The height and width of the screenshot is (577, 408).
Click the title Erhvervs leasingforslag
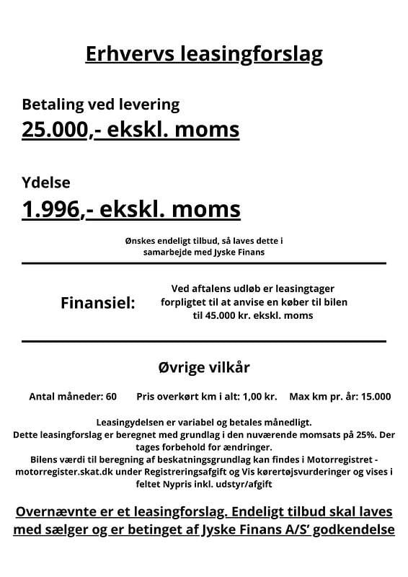[203, 54]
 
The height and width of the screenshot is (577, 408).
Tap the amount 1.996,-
[54, 209]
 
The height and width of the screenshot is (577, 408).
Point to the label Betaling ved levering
[100, 104]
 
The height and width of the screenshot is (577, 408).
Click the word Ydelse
[46, 183]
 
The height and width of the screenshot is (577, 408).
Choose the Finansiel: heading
[98, 303]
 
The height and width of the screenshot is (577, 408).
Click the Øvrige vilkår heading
[204, 367]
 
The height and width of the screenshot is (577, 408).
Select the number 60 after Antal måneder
[110, 397]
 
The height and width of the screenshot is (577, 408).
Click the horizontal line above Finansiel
[204, 264]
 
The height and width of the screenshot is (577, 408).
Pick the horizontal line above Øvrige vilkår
[204, 340]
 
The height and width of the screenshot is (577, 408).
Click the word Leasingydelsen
[129, 422]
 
